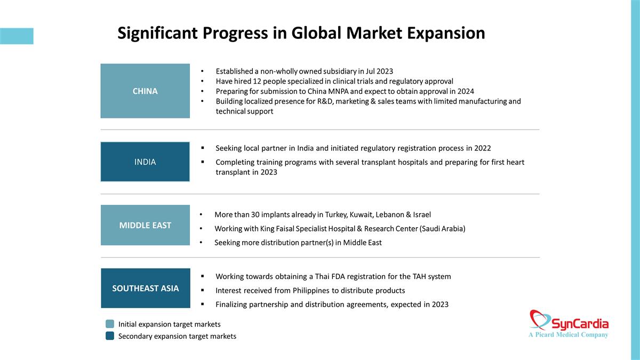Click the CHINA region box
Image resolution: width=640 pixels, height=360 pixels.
coord(145,91)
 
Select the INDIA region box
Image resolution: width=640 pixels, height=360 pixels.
coord(145,162)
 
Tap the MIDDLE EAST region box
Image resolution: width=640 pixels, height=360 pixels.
coord(145,225)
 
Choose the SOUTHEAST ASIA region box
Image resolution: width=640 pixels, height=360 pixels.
coord(146,288)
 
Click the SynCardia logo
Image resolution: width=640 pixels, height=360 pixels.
coord(569,324)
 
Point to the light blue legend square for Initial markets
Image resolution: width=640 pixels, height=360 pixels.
coord(110,324)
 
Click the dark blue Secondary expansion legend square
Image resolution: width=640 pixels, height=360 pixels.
coord(110,335)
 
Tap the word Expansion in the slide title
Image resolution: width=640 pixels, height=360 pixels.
coord(446,33)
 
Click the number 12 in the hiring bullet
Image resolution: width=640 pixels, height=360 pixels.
coord(257,82)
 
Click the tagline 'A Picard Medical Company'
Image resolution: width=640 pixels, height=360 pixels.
coord(569,334)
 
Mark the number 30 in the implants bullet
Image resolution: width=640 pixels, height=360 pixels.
coord(255,214)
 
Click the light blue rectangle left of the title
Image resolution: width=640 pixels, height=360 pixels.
coord(17,36)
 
